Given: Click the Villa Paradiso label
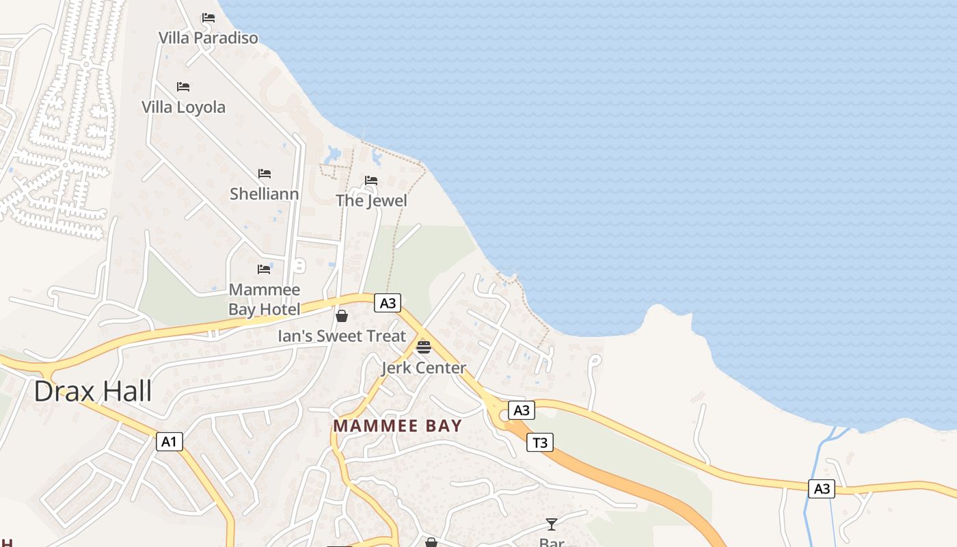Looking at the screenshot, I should (x=208, y=38).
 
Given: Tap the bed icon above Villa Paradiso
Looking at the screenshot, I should (x=208, y=18).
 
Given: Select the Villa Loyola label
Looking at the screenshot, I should (x=183, y=107).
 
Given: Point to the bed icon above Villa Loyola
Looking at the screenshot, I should (x=183, y=87).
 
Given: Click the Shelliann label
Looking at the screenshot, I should (x=264, y=194).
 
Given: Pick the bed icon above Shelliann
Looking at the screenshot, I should (x=265, y=174).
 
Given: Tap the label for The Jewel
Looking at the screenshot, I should (x=371, y=200).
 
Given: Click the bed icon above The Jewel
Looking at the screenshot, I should (x=371, y=181).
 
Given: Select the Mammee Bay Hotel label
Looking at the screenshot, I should (x=264, y=299).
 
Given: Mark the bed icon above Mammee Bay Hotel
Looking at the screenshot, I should (x=264, y=269).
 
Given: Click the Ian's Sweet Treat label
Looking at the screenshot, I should (x=342, y=336).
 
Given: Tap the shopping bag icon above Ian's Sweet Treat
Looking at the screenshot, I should (x=342, y=316).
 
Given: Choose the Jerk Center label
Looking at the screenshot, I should (x=424, y=368).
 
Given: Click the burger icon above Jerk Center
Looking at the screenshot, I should (x=424, y=347).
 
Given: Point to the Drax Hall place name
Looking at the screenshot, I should (x=92, y=392).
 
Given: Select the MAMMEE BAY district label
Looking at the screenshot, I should (x=397, y=425).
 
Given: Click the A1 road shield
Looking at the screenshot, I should (x=169, y=442).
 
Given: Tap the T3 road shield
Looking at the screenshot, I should (x=540, y=442).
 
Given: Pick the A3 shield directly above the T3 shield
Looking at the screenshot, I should (x=522, y=410).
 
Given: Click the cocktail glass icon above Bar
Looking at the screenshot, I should (x=552, y=524).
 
